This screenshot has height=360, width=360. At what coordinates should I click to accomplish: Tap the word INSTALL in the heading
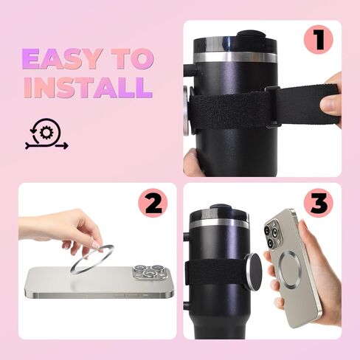click(x=87, y=87)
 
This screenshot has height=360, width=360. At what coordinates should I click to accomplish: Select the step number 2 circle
click(x=153, y=203)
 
